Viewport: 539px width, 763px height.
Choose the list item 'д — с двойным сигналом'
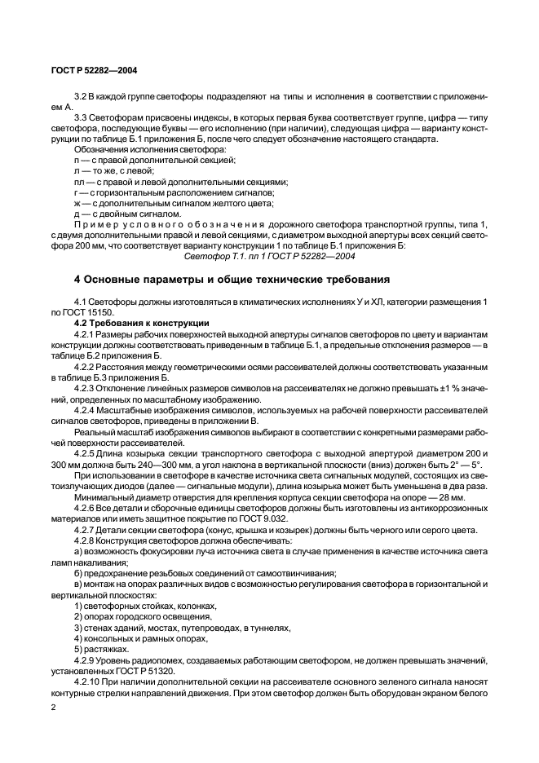[126, 214]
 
